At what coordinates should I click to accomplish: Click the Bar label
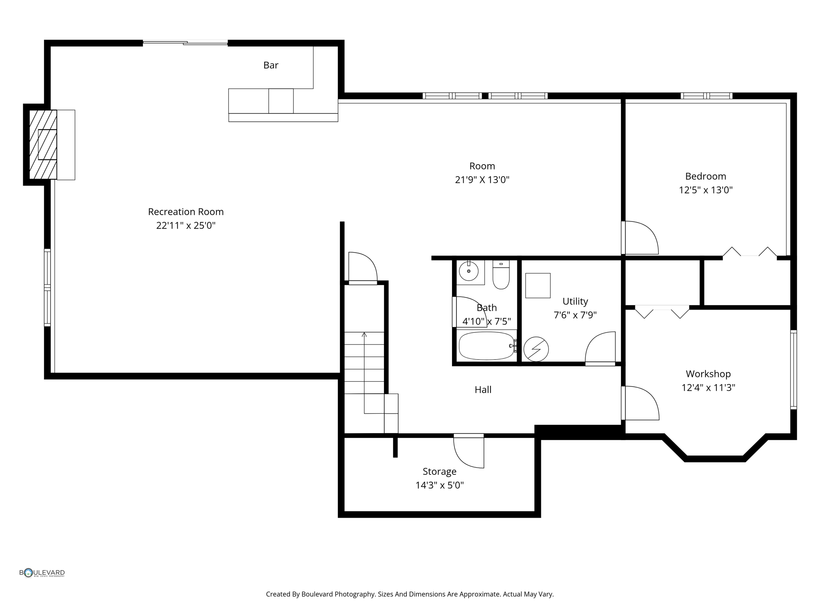coord(271,65)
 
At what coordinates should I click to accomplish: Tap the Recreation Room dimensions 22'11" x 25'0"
coord(186,226)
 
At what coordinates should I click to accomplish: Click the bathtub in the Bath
coord(486,346)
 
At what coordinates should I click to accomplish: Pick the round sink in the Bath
coord(468,271)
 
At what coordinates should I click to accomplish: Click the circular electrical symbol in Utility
coord(536,349)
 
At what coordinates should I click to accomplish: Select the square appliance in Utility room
coord(538,285)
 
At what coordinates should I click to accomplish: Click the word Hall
coord(483,390)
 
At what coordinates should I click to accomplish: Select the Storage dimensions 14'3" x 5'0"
coord(440,486)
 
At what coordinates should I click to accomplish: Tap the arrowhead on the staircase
coord(364,334)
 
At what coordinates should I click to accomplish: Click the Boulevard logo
coord(42,573)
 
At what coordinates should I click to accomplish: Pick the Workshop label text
coord(708,374)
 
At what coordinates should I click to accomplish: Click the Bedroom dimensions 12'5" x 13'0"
coord(705,190)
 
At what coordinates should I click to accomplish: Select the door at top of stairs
coord(363,268)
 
